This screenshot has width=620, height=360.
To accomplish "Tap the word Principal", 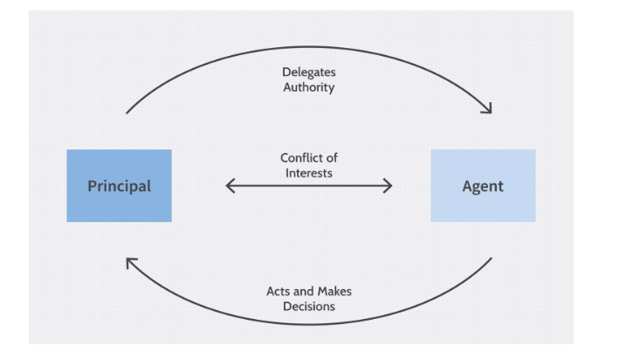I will (x=119, y=186).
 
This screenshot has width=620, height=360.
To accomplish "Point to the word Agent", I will (x=482, y=186).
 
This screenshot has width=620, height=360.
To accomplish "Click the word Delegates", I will (x=308, y=73).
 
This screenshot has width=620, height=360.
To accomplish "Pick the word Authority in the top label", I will (x=308, y=87).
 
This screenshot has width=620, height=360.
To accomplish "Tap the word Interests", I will (x=309, y=172).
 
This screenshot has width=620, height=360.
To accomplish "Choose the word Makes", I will (x=334, y=291).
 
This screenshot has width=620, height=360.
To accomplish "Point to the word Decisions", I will (x=309, y=306).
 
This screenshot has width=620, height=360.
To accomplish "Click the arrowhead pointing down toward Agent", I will (x=487, y=108).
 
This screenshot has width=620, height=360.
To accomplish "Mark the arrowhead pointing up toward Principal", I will (x=131, y=262).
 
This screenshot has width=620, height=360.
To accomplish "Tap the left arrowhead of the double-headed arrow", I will (x=230, y=185).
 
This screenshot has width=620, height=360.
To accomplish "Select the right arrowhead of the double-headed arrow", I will (x=388, y=185).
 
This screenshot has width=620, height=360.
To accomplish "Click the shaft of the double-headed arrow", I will (x=309, y=185).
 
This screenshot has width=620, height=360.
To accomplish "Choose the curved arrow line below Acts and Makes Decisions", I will (x=309, y=324).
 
